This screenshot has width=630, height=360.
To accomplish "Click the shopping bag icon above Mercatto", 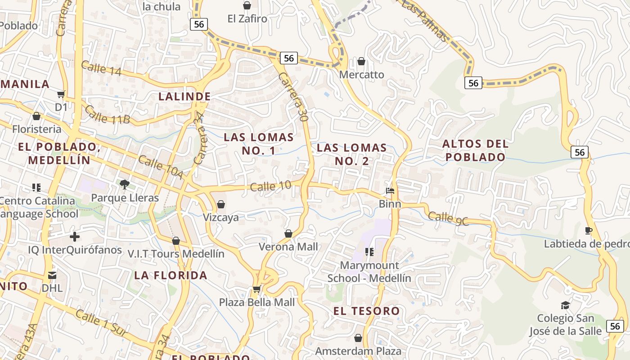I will click(361, 61).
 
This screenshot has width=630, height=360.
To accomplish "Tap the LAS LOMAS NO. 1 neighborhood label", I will click(259, 144).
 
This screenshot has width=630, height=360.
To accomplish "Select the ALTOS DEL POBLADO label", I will click(476, 150).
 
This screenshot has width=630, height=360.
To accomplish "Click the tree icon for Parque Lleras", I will click(125, 184).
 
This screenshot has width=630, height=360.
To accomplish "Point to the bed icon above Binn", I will click(390, 191).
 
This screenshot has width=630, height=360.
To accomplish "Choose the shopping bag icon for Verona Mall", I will click(288, 234).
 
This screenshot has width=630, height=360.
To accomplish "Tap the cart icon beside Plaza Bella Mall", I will click(256, 289).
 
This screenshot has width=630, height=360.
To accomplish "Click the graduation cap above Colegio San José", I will click(565, 306).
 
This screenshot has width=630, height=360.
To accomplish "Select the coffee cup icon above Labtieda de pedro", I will click(589, 231).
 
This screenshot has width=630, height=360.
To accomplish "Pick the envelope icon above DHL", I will click(52, 275).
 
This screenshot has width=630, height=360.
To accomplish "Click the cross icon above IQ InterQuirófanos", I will click(75, 237).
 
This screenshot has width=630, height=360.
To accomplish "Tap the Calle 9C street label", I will click(448, 218).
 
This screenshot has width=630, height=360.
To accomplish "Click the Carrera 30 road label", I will click(293, 97).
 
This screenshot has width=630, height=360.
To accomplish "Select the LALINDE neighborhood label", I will click(184, 96).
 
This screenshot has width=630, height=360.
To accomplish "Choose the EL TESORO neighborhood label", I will click(366, 311).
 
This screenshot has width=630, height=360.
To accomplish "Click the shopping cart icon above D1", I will click(61, 94).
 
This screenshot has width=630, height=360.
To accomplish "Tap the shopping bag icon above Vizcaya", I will click(220, 205).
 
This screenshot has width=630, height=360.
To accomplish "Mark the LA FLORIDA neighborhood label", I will click(171, 275).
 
